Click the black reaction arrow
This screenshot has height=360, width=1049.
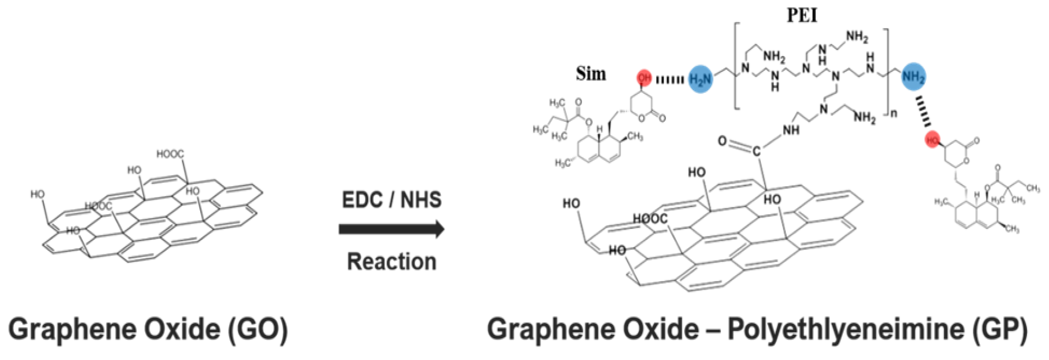tap(391, 229)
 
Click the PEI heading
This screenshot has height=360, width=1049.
tap(802, 16)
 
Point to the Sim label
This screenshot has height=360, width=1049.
tap(590, 74)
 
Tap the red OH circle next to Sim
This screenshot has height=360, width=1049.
tap(644, 77)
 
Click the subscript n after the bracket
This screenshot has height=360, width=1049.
tap(894, 113)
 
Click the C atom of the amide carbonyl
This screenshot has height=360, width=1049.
tap(756, 152)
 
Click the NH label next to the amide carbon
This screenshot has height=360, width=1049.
tap(791, 130)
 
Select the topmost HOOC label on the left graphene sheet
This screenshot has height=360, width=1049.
tap(170, 154)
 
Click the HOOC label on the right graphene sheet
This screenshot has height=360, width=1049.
tap(650, 219)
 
